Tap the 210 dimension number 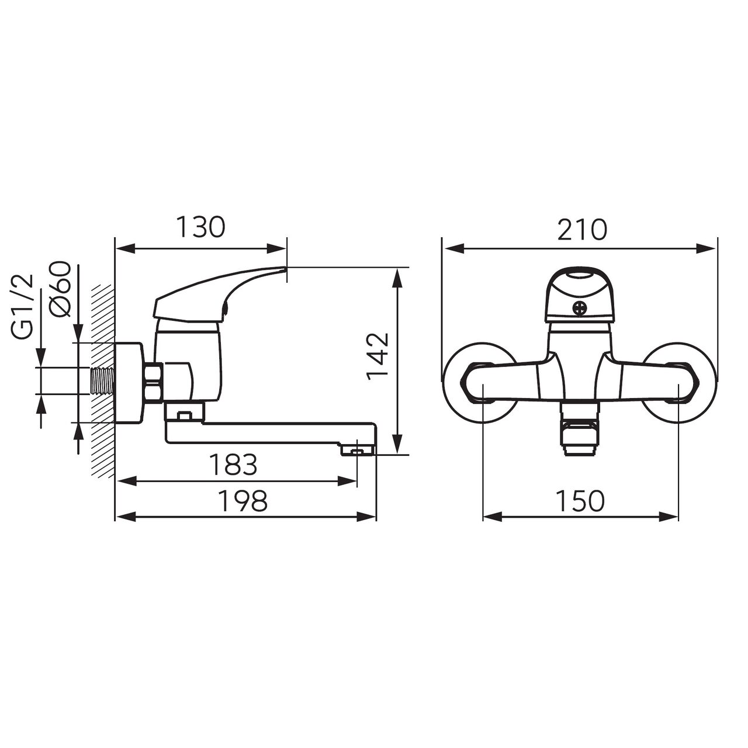pos(581,230)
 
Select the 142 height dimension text pos(378,352)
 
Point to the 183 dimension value pos(233,465)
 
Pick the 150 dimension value pos(580,501)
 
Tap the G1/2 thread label pos(23,307)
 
